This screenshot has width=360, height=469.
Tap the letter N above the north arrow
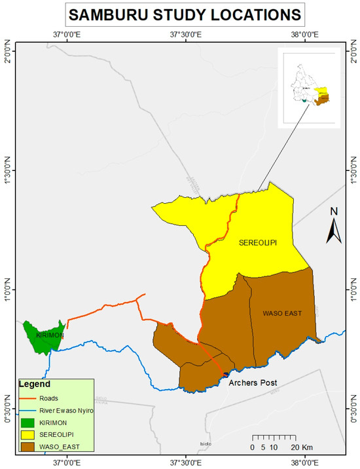pos(333,211)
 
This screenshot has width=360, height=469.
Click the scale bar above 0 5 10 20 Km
pos(275,438)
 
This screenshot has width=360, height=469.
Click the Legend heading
pos(30,384)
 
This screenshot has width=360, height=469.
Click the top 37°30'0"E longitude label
pos(185,33)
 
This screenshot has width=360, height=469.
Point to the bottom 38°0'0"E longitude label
pos(304,462)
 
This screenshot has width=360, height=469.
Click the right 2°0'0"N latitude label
pos(353,52)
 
